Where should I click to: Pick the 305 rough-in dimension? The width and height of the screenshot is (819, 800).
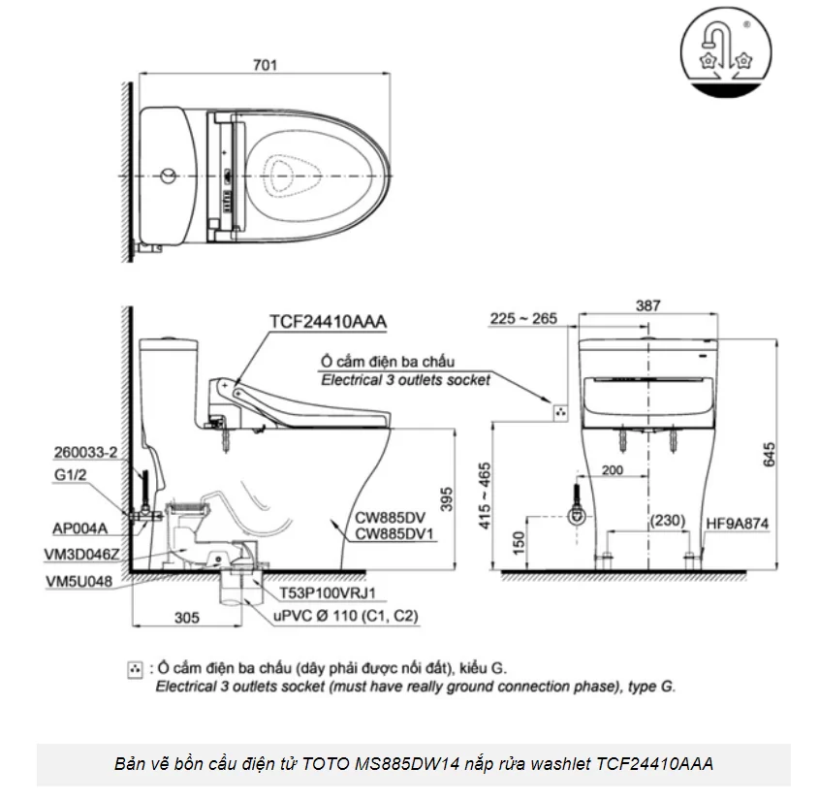coord(187,617)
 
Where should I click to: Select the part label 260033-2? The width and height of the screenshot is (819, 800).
coord(88,452)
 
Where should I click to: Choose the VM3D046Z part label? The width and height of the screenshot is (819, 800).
coord(81,555)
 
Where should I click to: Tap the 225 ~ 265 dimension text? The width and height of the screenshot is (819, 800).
coord(522,317)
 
